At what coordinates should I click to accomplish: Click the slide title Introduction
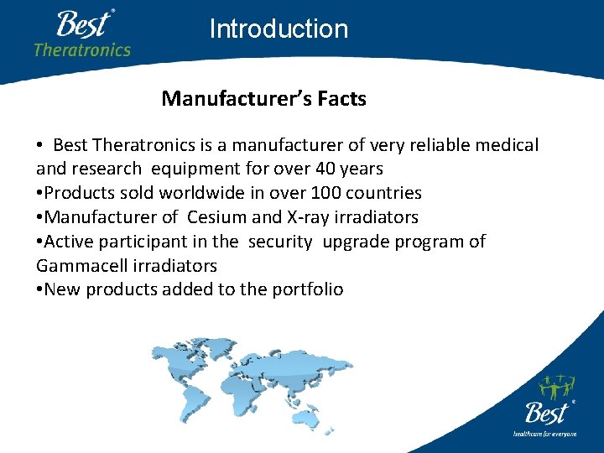(x=279, y=29)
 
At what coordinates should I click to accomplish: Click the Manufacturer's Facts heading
(x=263, y=99)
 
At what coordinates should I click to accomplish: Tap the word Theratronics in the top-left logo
(x=82, y=49)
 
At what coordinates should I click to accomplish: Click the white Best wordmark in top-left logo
(x=83, y=23)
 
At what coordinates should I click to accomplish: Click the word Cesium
(x=216, y=217)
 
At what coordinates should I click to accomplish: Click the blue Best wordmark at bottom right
(x=546, y=413)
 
